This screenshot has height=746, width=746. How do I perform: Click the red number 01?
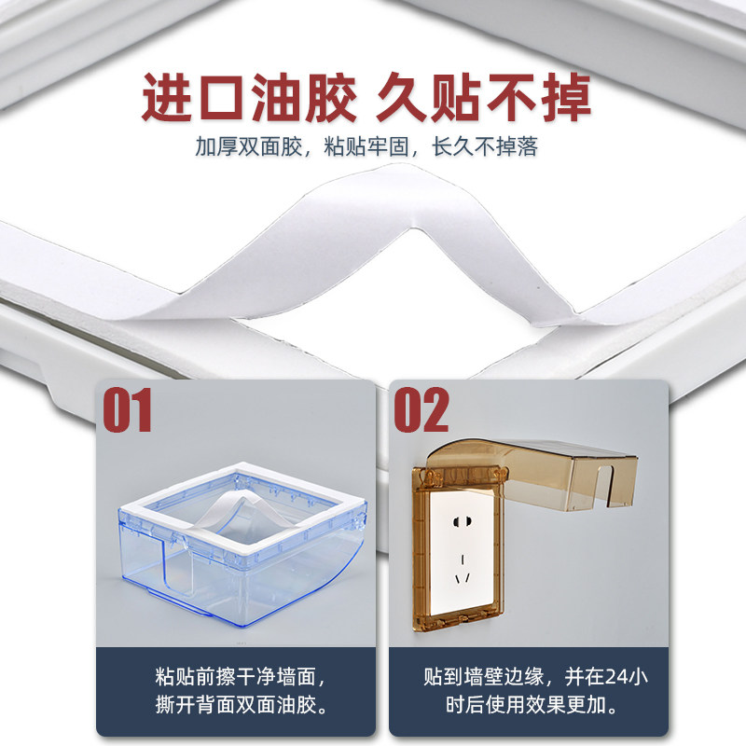coord(128,409)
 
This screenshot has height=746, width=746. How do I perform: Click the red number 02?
coord(421,409)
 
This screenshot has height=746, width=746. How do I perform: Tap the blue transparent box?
coord(242,544)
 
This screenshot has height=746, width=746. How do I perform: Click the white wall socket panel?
coord(462,553)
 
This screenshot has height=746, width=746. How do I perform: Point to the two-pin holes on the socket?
coord(462,522)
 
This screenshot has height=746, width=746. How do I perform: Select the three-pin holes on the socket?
coord(463,570)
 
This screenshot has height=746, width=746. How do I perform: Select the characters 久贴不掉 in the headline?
coord(484,99)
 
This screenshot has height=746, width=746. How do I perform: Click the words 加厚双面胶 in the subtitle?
coord(248,146)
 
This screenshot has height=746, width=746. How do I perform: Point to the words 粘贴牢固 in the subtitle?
coord(366,146)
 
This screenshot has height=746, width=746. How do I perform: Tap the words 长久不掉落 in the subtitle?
coord(485,146)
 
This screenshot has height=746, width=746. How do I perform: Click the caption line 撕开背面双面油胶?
coord(236,705)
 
